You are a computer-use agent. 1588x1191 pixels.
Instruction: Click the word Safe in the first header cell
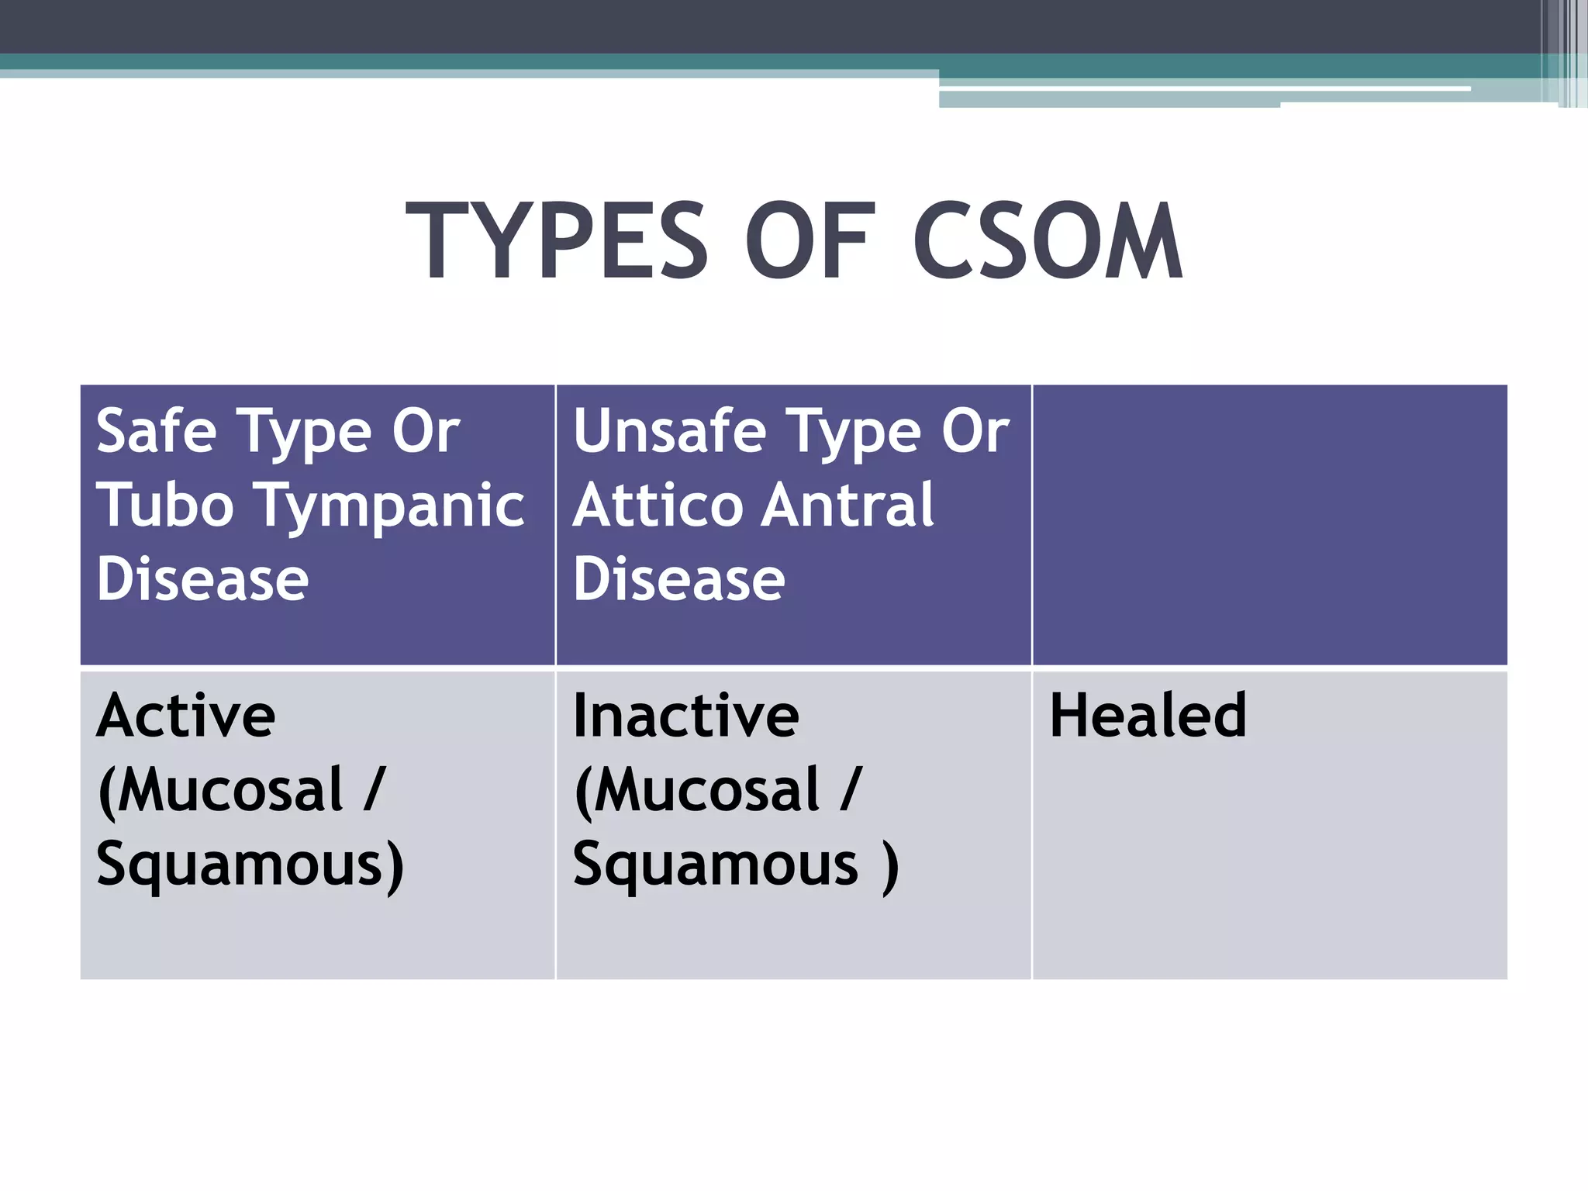click(x=156, y=431)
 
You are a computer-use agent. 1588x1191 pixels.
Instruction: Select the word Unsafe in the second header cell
click(x=669, y=431)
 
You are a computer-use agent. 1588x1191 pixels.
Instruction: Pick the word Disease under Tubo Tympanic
click(x=202, y=580)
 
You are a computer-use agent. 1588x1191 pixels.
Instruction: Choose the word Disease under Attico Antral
click(x=678, y=580)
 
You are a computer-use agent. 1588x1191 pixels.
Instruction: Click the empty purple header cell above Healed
click(x=1269, y=524)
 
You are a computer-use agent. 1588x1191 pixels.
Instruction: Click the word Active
click(x=186, y=716)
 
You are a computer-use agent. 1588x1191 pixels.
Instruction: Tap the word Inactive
click(x=685, y=716)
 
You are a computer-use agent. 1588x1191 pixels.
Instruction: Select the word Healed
click(x=1148, y=716)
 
